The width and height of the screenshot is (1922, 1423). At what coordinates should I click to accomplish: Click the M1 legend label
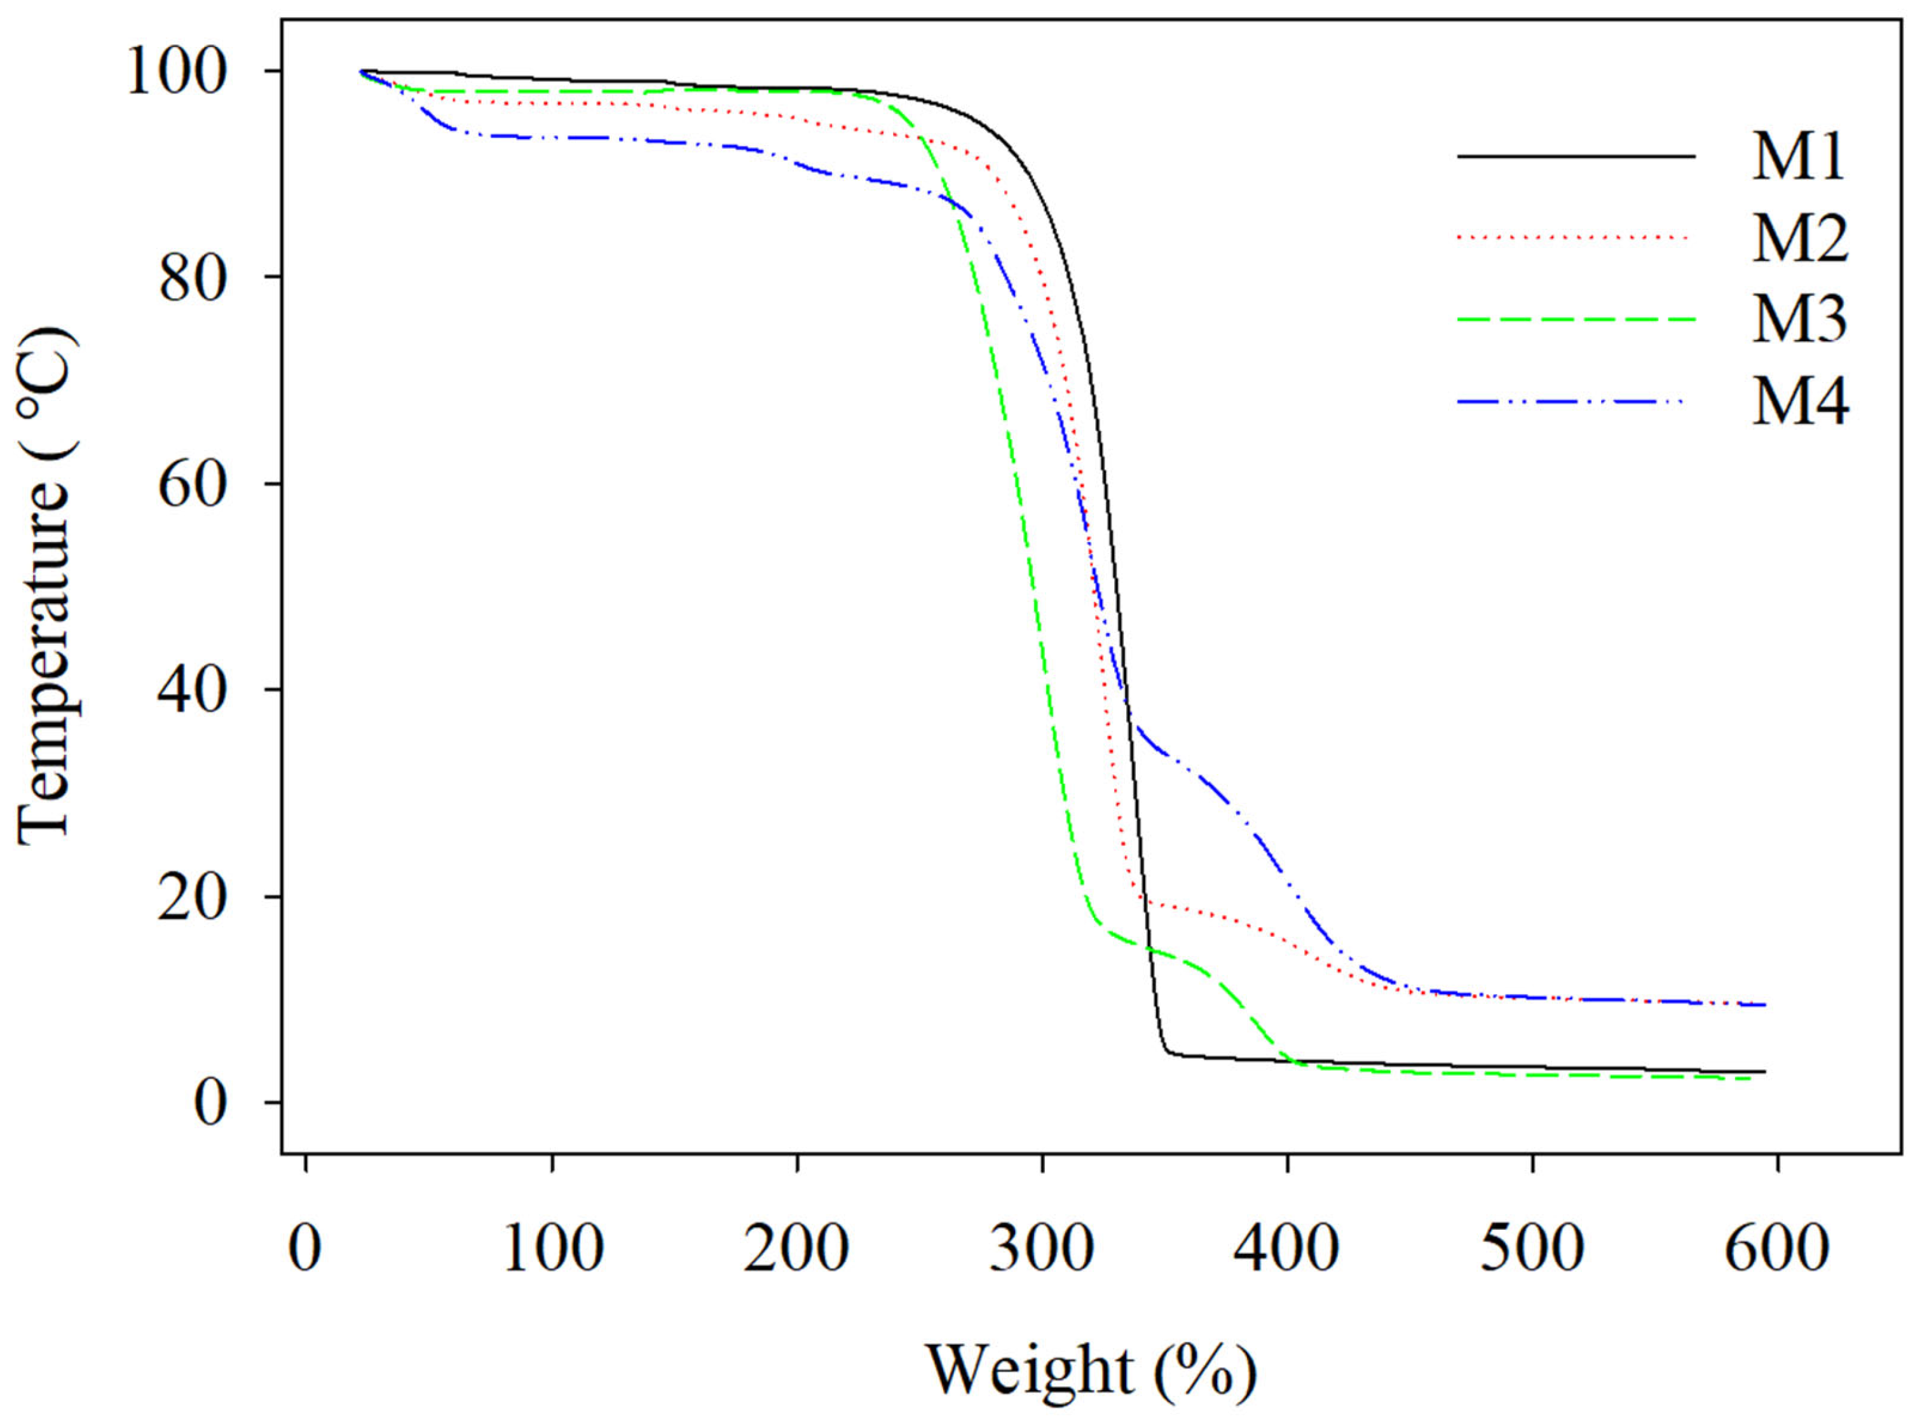click(1798, 157)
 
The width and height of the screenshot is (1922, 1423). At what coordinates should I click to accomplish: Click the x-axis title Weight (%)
click(1091, 1370)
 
